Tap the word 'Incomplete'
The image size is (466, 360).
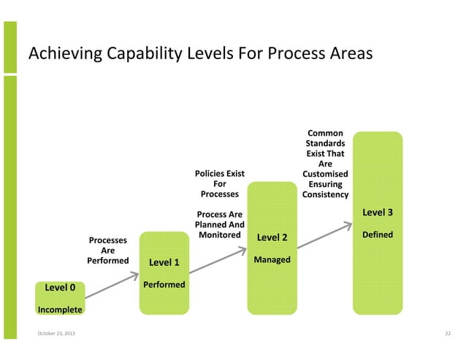pyautogui.click(x=60, y=310)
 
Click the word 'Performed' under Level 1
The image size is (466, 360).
pyautogui.click(x=164, y=284)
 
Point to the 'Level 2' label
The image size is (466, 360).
pyautogui.click(x=272, y=238)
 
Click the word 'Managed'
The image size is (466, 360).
pyautogui.click(x=272, y=260)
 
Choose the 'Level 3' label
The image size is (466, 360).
pyautogui.click(x=378, y=212)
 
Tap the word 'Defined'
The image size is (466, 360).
pyautogui.click(x=378, y=234)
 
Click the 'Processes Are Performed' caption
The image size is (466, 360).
pyautogui.click(x=107, y=250)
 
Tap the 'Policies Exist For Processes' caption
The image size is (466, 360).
pyautogui.click(x=219, y=184)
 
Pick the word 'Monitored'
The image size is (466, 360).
pyautogui.click(x=219, y=235)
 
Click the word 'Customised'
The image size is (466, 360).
pyautogui.click(x=325, y=175)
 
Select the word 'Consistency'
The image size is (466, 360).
pyautogui.click(x=325, y=195)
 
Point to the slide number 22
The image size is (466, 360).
pyautogui.click(x=448, y=334)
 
